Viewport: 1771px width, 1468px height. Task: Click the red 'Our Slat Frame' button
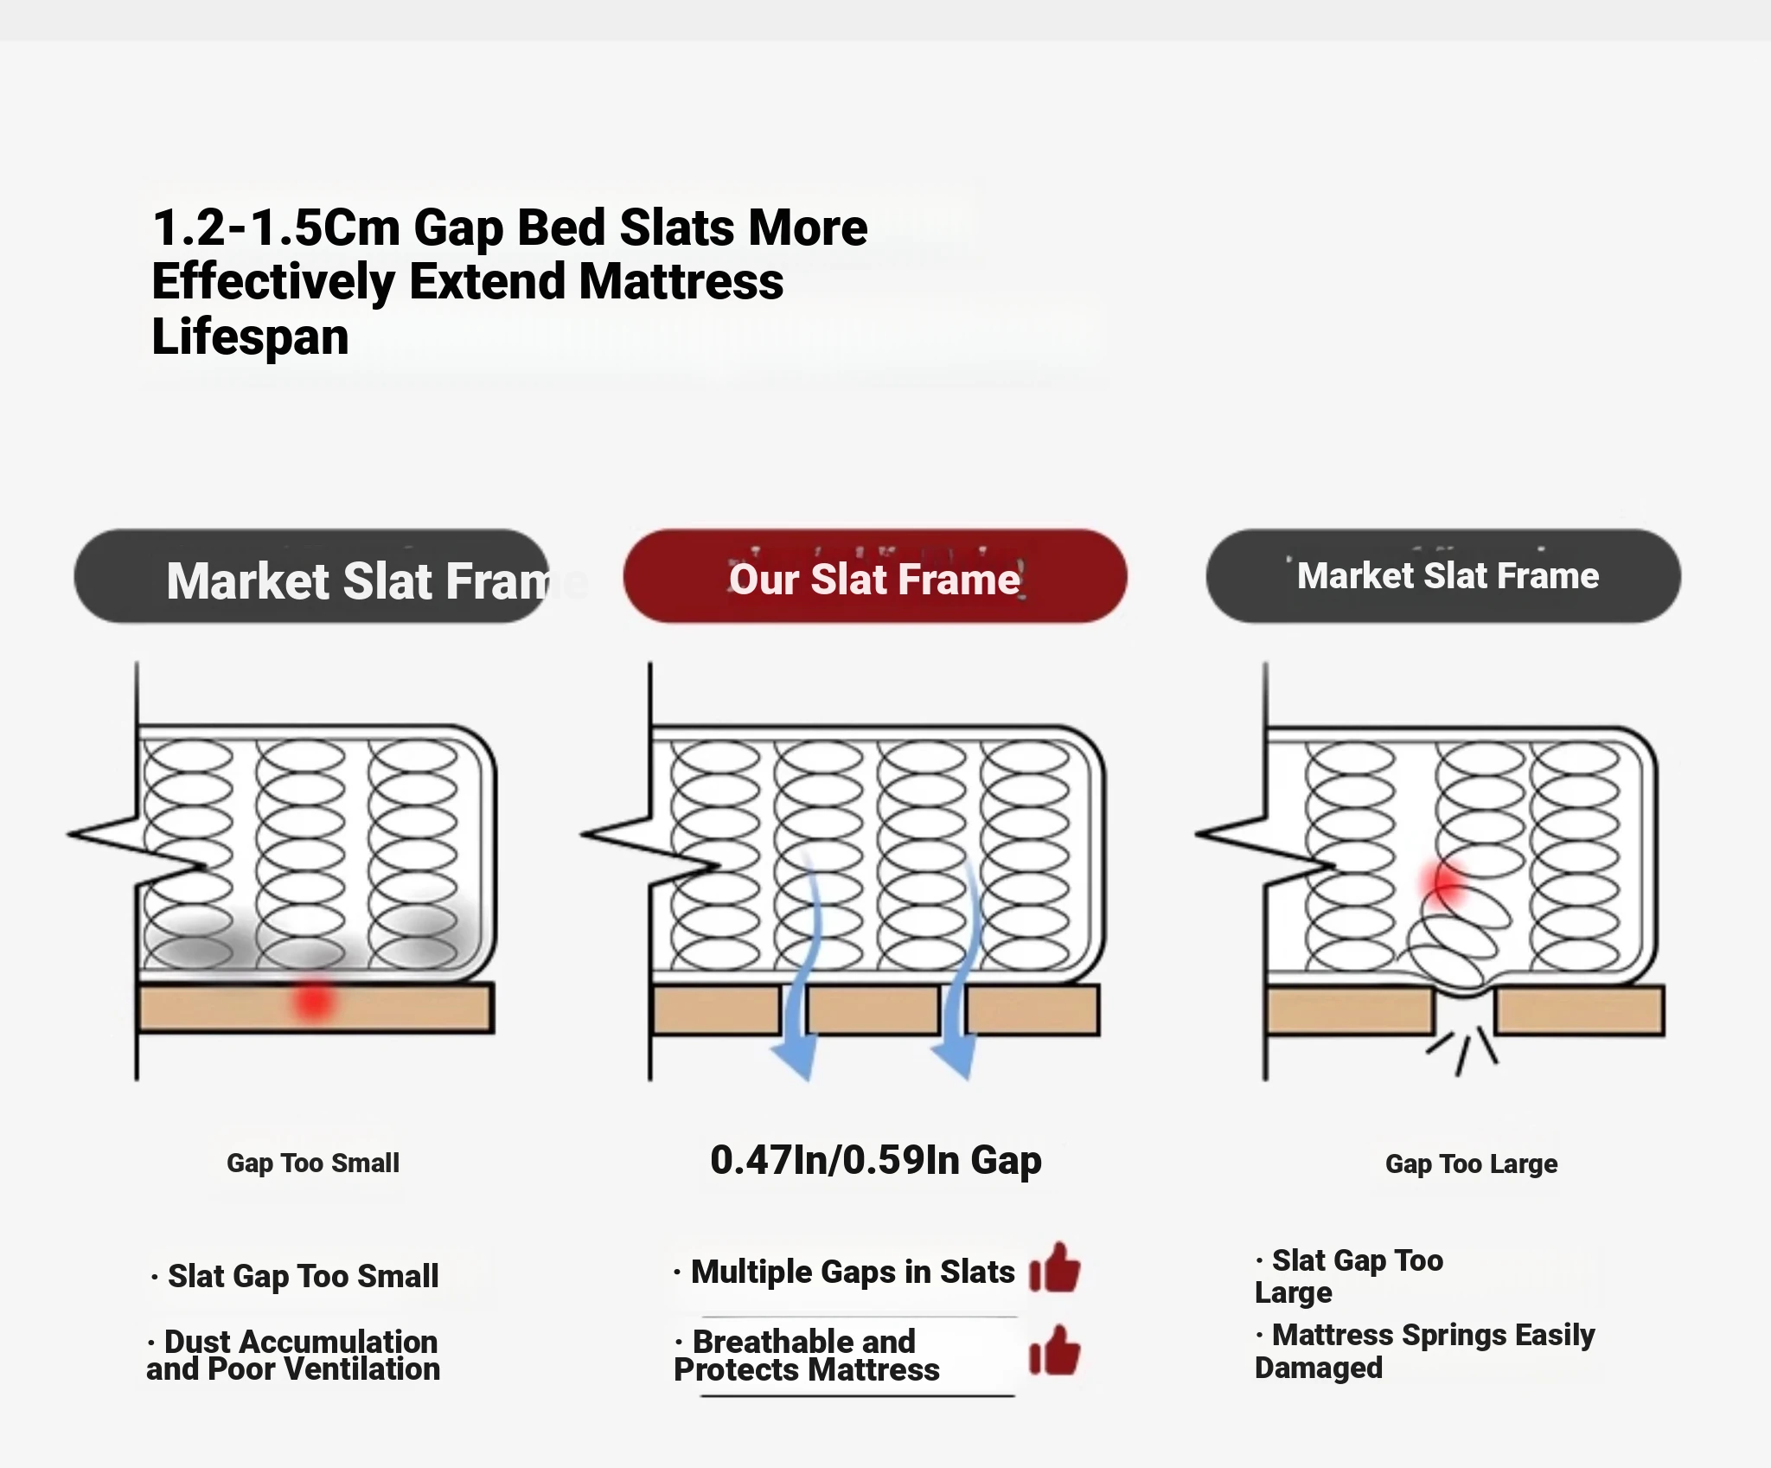875,576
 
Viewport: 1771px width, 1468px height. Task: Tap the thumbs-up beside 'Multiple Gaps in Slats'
1055,1268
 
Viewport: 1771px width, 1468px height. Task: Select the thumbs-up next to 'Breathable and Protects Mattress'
1055,1350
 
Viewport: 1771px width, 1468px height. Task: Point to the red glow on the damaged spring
1444,882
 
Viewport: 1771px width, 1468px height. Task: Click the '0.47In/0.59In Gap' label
876,1160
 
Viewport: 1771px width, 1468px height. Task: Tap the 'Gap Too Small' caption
313,1164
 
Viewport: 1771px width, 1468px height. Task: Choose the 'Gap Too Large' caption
1472,1164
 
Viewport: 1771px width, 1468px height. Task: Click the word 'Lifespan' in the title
251,337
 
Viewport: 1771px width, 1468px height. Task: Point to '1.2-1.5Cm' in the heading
277,228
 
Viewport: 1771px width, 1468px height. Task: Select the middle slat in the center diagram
873,1010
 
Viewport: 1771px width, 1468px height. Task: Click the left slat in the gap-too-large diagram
1349,1011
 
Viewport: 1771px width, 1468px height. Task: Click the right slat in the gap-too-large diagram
1580,1011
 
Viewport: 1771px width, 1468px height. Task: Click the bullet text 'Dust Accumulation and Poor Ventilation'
293,1356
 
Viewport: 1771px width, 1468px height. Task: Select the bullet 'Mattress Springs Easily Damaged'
1425,1351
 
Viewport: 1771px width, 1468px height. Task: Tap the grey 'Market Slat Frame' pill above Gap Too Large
1443,576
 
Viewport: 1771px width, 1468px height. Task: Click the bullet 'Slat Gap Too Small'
295,1277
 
